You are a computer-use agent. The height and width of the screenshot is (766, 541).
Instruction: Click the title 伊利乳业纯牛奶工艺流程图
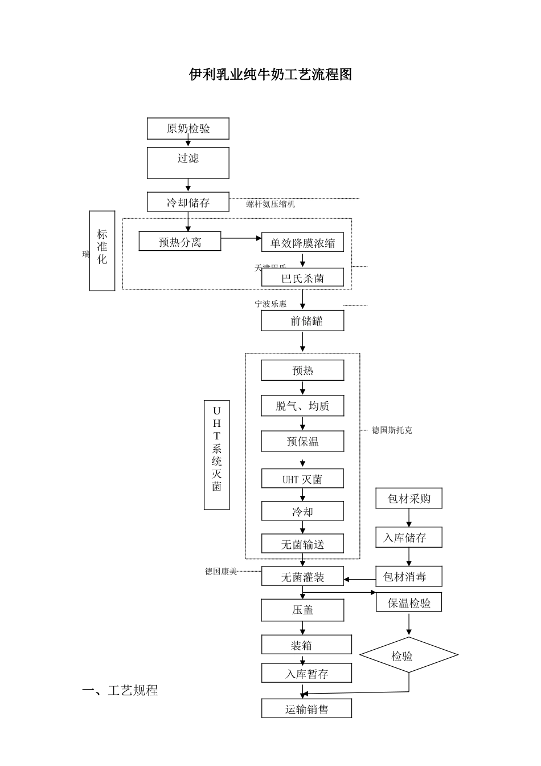point(270,75)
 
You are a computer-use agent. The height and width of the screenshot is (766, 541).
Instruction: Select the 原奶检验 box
point(188,129)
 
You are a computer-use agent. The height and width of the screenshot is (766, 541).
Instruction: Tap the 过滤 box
point(188,162)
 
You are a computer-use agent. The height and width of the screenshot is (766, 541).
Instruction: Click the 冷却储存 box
point(188,202)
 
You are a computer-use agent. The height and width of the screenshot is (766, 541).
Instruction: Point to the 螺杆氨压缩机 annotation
point(270,204)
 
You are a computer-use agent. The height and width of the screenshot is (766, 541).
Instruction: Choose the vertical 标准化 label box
point(102,251)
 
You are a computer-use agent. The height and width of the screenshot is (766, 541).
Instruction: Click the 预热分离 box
point(180,242)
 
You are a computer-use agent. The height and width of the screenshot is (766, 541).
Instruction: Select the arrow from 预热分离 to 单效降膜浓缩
point(241,238)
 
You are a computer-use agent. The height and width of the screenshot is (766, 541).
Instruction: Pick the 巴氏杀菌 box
point(302,278)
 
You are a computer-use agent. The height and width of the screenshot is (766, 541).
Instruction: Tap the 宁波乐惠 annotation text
point(270,304)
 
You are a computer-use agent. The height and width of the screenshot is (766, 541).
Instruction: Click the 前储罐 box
point(302,321)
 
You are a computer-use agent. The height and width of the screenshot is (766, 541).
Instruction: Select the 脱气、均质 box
point(302,406)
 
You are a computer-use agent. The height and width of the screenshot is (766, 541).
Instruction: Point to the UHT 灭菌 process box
point(302,479)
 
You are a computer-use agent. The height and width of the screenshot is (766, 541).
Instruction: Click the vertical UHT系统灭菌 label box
point(216,455)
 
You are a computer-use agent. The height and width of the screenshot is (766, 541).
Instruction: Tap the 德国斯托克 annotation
point(392,430)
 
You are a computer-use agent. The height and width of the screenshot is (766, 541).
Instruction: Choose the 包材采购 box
point(409,499)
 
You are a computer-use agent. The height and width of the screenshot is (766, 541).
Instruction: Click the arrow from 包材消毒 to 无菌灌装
point(360,580)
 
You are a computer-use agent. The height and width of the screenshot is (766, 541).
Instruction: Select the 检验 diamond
point(408,656)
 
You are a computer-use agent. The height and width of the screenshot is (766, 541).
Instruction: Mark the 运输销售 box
point(306,709)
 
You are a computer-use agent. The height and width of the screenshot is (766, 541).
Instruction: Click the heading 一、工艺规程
point(120,691)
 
